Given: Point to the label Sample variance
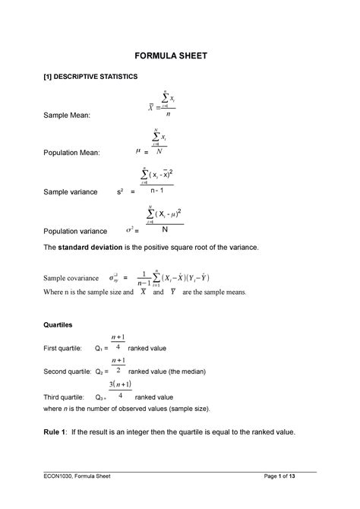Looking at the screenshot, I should (x=71, y=192).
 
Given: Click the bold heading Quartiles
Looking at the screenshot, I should (x=58, y=324).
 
